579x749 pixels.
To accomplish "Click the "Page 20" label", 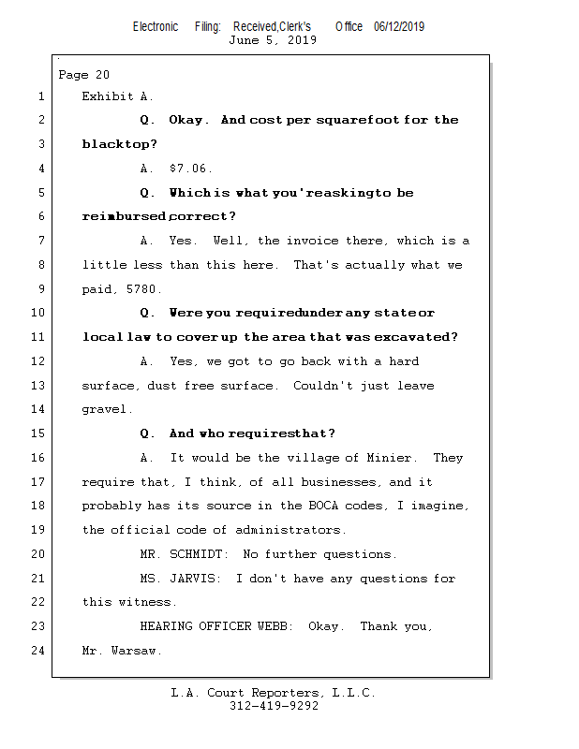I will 84,75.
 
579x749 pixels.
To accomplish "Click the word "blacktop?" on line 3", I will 120,144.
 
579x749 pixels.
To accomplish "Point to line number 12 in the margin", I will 37,361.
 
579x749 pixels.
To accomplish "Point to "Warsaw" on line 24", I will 136,651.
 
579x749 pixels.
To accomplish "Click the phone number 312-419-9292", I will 274,706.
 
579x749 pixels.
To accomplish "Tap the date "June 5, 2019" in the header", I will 273,40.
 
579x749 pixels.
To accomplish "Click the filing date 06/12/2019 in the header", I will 399,26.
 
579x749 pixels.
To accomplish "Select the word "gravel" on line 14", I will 104,410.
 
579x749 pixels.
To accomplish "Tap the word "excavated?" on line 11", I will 419,337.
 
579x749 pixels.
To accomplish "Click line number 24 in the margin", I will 37,651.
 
